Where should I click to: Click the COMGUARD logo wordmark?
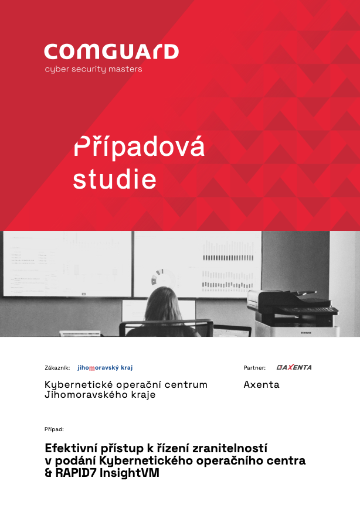(111, 52)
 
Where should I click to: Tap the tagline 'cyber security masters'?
(93, 69)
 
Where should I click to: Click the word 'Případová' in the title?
(139, 146)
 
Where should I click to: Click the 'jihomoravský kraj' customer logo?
(105, 368)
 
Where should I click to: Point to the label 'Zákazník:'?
(57, 368)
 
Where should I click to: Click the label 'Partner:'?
(254, 368)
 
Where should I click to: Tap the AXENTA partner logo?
(294, 367)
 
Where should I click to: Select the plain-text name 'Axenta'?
(261, 384)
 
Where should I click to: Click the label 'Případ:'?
(54, 429)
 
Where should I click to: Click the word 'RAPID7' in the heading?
(76, 473)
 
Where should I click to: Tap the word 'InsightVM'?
(129, 473)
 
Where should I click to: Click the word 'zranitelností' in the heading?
(230, 448)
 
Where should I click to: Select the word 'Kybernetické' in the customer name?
(79, 385)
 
